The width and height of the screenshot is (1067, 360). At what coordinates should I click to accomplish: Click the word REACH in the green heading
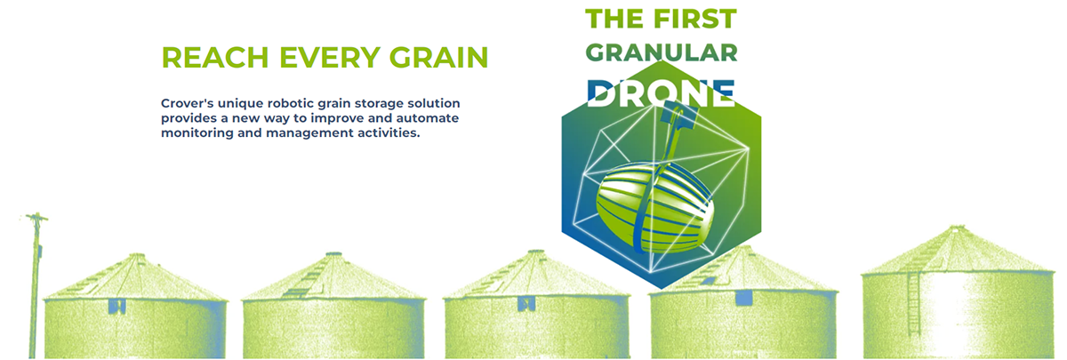[x=215, y=58]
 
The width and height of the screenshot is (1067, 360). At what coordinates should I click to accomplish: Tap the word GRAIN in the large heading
[x=438, y=58]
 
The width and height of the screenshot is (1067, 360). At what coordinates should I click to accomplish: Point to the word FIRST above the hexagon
[x=695, y=19]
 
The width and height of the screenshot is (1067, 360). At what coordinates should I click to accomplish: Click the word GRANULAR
[x=662, y=52]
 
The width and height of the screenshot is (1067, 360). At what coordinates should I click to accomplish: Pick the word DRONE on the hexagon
[x=662, y=93]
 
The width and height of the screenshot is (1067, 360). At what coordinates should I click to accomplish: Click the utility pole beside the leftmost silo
[x=35, y=285]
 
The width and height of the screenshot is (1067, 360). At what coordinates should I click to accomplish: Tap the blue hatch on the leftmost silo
[x=116, y=306]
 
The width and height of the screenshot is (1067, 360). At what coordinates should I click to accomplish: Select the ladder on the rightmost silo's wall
[x=914, y=303]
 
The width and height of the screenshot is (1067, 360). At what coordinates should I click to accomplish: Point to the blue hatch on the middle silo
[x=526, y=303]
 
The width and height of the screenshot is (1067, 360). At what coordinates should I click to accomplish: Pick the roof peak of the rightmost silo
[x=956, y=228]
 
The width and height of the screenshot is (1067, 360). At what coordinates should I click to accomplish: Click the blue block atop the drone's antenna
[x=678, y=114]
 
